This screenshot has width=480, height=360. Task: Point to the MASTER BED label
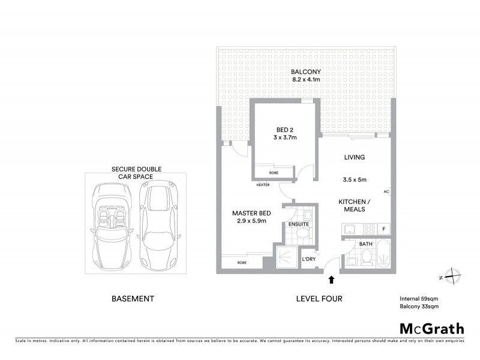[x=251, y=213]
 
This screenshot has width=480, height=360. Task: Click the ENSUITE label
[x=298, y=224]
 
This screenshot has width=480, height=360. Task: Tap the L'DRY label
[x=308, y=259]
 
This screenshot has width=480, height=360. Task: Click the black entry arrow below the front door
[x=330, y=278]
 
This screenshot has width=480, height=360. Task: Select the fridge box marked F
[x=383, y=229]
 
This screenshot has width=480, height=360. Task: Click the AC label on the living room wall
[x=386, y=192]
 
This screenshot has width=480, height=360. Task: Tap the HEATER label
[x=262, y=185]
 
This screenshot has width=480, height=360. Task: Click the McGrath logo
[x=432, y=328]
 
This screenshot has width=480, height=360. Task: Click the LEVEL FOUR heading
[x=319, y=298]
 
